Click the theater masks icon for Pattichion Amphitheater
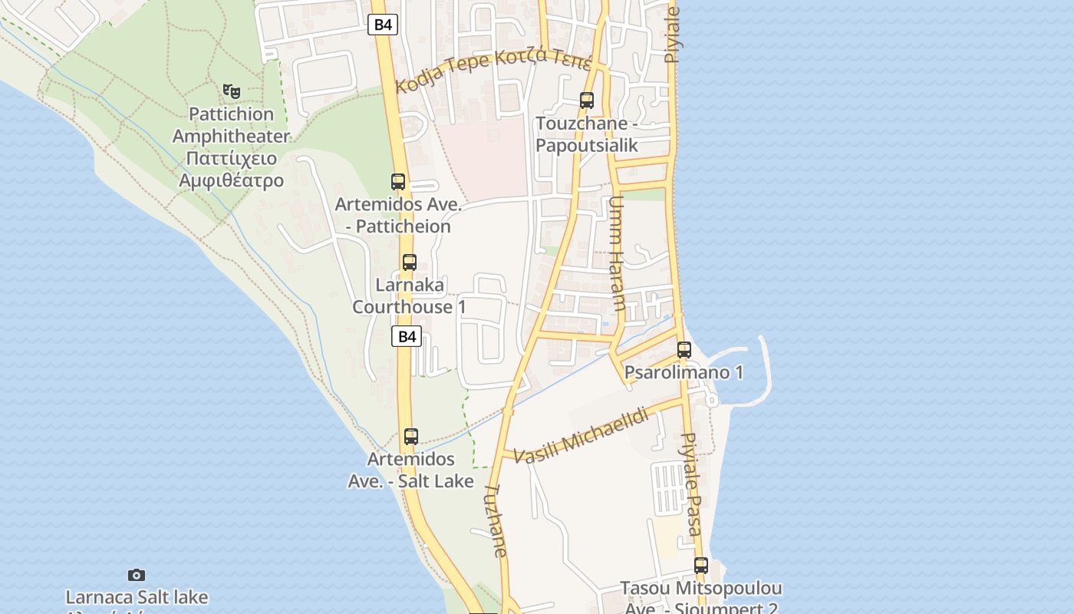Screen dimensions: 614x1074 tap(231, 91)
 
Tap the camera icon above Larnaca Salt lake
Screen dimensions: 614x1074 tap(137, 575)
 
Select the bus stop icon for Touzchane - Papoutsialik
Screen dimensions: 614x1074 tap(587, 101)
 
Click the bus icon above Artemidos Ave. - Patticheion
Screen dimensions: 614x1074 tap(398, 182)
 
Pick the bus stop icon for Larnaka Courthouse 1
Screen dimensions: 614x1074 tap(410, 262)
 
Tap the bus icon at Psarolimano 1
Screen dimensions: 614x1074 tap(684, 350)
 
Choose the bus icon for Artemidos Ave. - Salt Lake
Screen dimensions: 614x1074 tap(411, 437)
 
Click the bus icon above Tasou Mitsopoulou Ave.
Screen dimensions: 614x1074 tap(701, 566)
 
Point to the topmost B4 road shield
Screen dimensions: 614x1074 tap(383, 25)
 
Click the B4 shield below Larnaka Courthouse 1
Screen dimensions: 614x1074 tap(407, 336)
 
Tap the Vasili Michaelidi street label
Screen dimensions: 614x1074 tap(581, 436)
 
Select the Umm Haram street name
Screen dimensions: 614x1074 tap(617, 254)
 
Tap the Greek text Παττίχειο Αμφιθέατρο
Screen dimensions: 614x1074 tap(231, 170)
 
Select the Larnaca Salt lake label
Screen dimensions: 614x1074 tap(137, 597)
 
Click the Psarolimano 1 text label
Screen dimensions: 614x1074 tap(684, 373)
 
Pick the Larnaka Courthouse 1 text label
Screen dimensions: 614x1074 tap(409, 296)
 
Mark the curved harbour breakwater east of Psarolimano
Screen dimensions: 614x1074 tap(766, 372)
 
